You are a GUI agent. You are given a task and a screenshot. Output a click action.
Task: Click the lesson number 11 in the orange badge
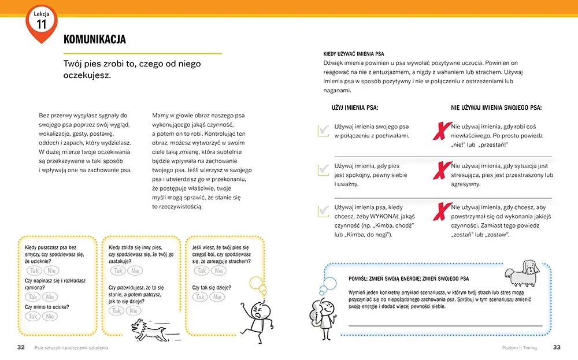[42, 24]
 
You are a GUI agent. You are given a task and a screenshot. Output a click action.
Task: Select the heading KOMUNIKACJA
[94, 39]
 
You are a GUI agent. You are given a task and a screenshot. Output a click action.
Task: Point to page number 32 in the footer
[21, 347]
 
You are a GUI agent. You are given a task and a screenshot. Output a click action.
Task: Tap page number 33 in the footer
[557, 347]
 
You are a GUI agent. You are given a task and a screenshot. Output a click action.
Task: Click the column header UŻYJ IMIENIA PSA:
[355, 107]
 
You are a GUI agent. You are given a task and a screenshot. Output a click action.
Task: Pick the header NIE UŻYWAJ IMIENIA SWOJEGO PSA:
[496, 107]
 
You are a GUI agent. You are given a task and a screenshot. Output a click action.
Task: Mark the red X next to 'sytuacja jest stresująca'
[442, 170]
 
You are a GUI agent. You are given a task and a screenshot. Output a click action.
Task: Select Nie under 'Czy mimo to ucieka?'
[51, 316]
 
